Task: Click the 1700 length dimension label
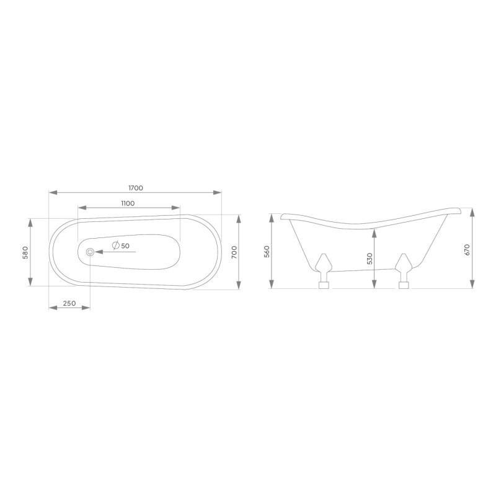pos(136,188)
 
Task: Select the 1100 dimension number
pos(128,203)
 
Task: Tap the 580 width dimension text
pos(25,252)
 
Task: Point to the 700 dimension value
pos(234,252)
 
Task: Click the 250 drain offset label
pos(69,303)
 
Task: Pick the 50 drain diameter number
pos(125,246)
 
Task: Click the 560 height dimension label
pos(267,252)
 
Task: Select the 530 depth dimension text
pos(370,259)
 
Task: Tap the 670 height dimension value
pos(468,250)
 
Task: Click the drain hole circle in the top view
pos(90,252)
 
